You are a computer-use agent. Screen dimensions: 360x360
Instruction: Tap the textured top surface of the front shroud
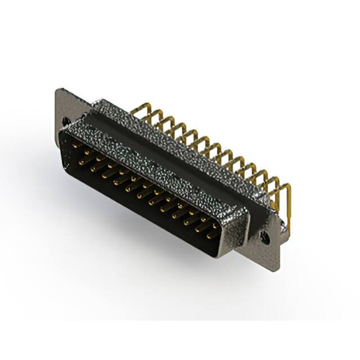[x=152, y=163]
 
